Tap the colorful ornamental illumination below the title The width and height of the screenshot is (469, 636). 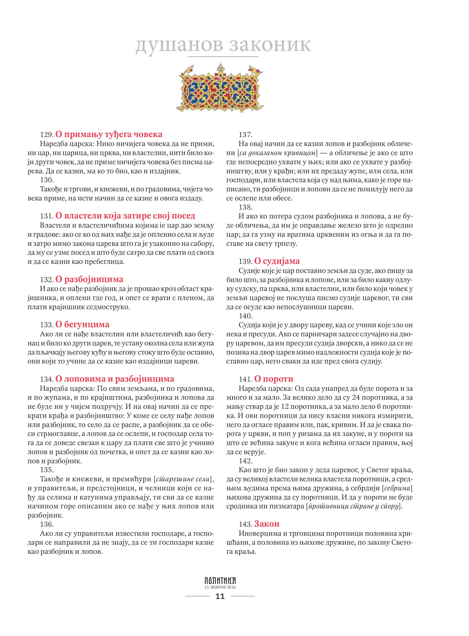[x=220, y=88]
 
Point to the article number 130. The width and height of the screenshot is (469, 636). [x=47, y=180]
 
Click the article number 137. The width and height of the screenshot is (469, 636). [x=245, y=135]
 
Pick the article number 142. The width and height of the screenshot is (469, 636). [x=245, y=461]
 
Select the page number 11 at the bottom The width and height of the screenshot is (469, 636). [x=220, y=596]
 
